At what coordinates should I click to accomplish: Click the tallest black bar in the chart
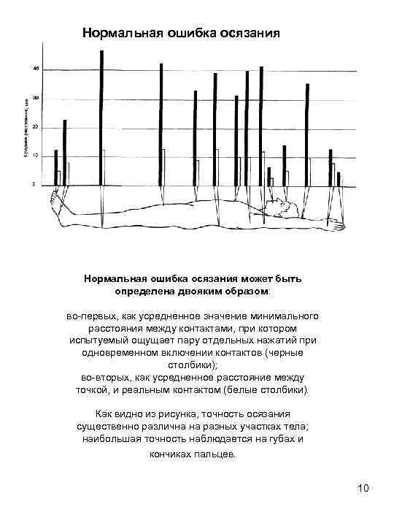pos(101,117)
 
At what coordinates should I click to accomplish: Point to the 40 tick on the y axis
pos(36,69)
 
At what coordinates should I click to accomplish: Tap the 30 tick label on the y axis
pos(36,98)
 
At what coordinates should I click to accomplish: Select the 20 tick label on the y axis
pos(36,127)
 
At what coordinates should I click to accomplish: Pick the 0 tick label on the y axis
pos(34,185)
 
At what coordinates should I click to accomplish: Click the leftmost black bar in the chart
pos(55,167)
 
